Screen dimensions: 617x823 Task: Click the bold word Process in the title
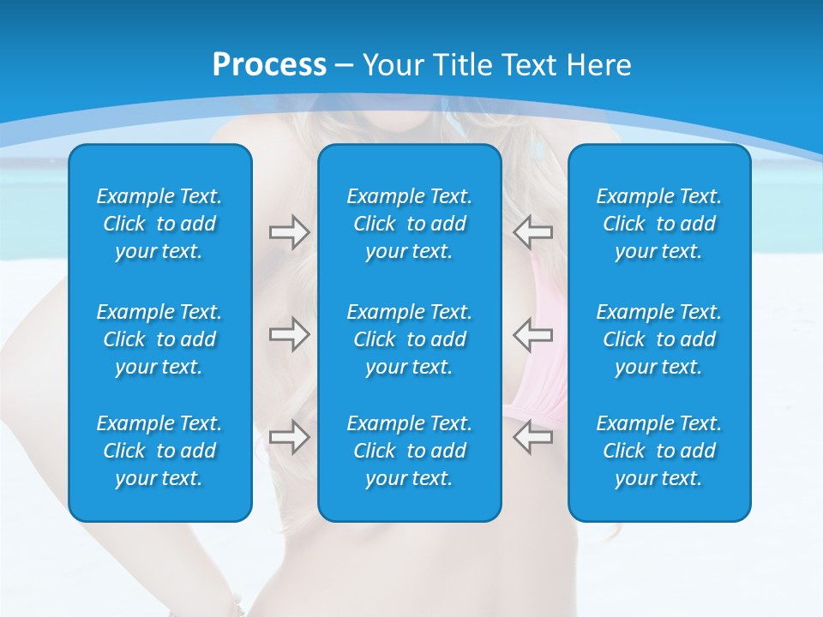(269, 65)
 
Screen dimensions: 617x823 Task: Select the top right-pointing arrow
(289, 232)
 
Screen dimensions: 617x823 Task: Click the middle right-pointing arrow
(289, 334)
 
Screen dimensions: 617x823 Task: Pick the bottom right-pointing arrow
(289, 437)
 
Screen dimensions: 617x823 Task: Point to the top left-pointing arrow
(532, 232)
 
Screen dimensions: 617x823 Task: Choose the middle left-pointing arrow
(532, 334)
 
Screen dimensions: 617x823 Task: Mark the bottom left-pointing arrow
(532, 437)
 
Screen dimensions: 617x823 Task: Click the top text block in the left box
(159, 224)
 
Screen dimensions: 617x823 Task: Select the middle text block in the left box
(159, 339)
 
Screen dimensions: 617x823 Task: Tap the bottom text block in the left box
(159, 451)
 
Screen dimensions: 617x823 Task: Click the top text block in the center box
(409, 224)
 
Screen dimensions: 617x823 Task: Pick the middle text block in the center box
(409, 339)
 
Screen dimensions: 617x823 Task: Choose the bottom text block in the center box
(409, 451)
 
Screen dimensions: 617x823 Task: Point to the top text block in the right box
(658, 224)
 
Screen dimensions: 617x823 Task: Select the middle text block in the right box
(658, 339)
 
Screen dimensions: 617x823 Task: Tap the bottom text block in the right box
(658, 451)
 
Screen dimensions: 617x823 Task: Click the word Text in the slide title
(528, 65)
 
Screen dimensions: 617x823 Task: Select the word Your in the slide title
(393, 65)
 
